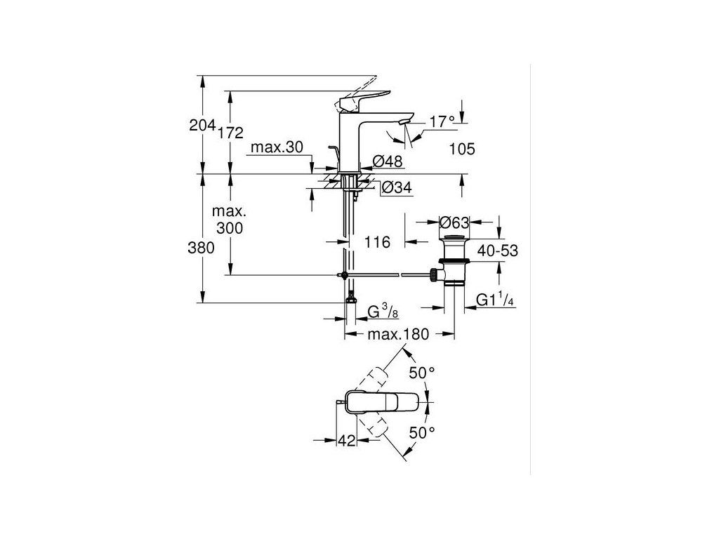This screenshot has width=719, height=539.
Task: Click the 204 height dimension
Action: (x=202, y=126)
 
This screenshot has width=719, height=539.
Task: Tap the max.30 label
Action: (x=277, y=147)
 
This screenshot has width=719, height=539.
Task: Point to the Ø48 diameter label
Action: (x=387, y=161)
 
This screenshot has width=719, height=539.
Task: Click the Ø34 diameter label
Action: (x=396, y=188)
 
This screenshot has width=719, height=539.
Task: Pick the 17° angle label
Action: (x=442, y=122)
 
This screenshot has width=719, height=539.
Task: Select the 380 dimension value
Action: (x=202, y=247)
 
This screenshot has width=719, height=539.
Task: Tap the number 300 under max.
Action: (x=230, y=228)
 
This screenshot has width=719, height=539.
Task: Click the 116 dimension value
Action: (x=377, y=242)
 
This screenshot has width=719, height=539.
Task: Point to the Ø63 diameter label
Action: (x=454, y=223)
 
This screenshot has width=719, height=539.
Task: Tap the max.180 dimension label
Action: (x=397, y=334)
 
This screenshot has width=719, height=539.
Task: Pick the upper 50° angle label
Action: (x=423, y=373)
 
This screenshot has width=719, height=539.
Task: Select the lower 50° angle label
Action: (x=423, y=433)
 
